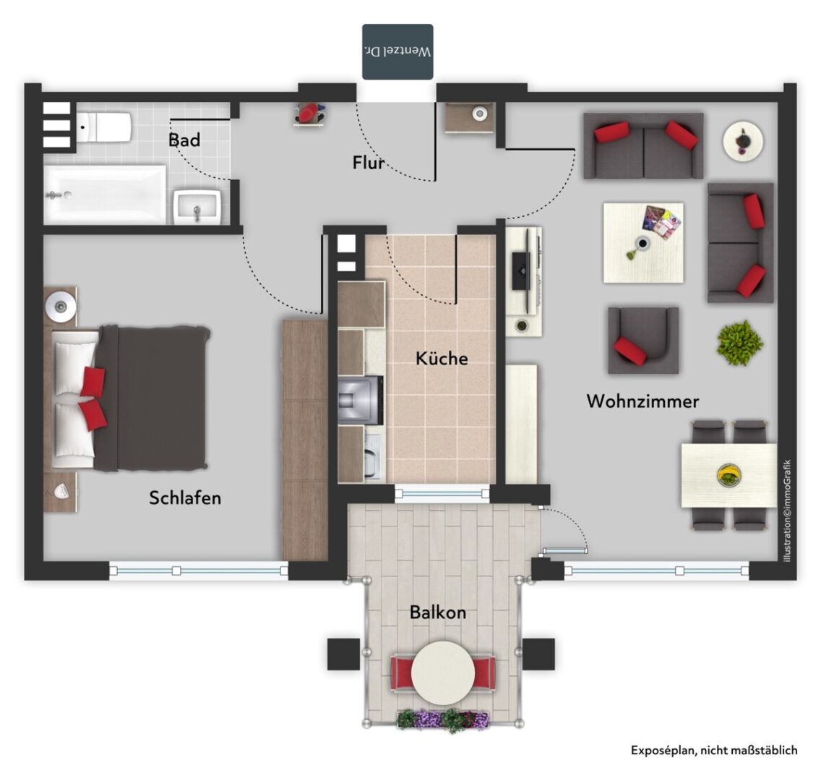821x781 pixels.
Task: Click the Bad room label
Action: [x=184, y=140]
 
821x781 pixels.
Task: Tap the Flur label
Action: [x=368, y=163]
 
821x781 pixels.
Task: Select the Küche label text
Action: [x=442, y=358]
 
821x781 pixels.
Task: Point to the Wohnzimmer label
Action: [x=642, y=401]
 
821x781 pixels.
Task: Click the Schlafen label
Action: [x=185, y=498]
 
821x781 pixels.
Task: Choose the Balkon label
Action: [x=438, y=612]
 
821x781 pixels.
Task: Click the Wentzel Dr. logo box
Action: [x=398, y=52]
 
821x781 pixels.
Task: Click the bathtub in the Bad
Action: [x=105, y=195]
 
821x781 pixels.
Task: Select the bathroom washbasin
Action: [x=197, y=207]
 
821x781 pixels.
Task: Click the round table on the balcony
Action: [x=443, y=673]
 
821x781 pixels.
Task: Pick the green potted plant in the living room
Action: [x=740, y=343]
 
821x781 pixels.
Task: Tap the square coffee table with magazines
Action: [x=643, y=243]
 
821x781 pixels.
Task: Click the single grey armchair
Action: [x=643, y=341]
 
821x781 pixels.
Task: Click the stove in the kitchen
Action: [x=360, y=400]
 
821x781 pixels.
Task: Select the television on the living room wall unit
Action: [x=522, y=270]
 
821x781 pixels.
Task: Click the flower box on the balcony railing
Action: [x=443, y=720]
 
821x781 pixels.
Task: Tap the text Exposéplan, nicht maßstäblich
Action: [x=714, y=750]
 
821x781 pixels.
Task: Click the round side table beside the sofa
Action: [x=743, y=141]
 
